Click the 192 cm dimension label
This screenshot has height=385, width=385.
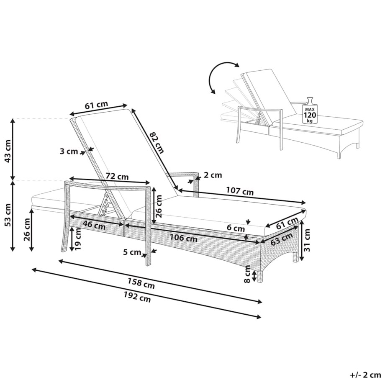137,297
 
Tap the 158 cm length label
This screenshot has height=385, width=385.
141,283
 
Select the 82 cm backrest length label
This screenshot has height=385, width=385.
157,142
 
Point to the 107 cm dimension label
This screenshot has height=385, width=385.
240,191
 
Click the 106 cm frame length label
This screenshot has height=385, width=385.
183,238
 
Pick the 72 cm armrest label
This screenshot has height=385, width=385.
117,176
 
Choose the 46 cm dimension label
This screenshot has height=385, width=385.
94,225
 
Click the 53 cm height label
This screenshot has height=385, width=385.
8,215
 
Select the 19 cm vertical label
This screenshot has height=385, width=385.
78,239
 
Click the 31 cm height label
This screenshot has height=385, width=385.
307,240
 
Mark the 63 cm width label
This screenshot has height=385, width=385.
282,239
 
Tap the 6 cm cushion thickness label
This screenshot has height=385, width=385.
236,228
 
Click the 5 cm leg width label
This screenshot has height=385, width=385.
132,252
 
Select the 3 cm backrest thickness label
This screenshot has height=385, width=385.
69,151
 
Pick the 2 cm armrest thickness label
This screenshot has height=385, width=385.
213,175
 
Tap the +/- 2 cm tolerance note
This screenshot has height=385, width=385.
365,375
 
